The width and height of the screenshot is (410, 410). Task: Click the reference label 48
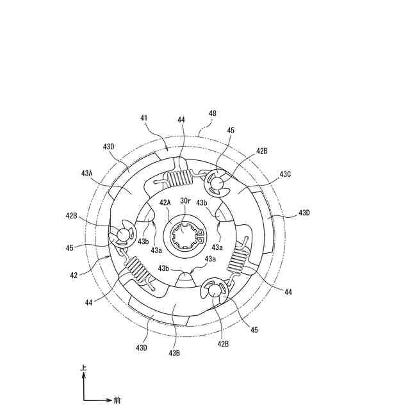coord(213,113)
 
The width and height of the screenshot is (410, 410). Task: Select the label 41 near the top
coord(143,118)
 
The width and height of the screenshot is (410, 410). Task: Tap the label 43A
coord(87,173)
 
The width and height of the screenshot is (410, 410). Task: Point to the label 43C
coord(285,174)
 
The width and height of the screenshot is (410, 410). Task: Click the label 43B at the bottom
coord(174,353)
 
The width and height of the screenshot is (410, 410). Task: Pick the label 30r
coord(185,201)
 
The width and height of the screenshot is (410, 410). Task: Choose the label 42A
coord(165,202)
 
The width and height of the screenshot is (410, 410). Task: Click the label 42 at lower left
coord(74,275)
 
